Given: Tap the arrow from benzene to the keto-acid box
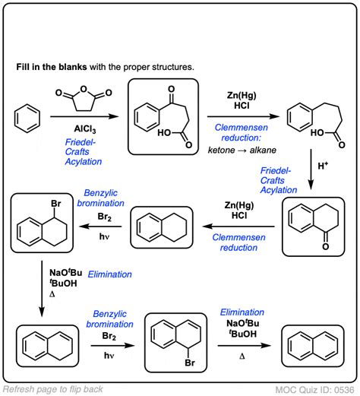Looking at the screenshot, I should [x=77, y=117].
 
